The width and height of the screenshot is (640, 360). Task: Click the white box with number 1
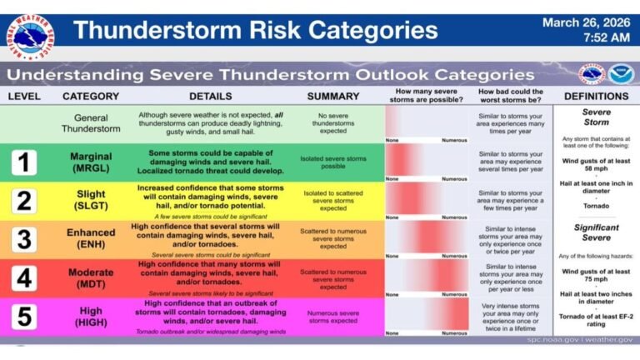[x=23, y=162]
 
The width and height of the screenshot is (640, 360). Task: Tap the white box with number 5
[x=23, y=316]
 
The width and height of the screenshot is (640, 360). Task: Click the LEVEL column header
[x=24, y=96]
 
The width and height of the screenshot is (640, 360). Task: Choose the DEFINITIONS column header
[x=595, y=96]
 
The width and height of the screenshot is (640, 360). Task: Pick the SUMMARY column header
[x=332, y=96]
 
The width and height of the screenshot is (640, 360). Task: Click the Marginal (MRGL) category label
[x=91, y=162]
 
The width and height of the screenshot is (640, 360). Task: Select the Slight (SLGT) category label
[x=91, y=201]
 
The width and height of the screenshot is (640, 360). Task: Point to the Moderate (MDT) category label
[x=91, y=277]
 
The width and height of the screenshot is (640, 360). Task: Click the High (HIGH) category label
[x=91, y=316]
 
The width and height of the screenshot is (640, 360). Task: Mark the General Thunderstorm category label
[x=91, y=124]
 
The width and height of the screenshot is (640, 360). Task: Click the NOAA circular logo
[x=620, y=74]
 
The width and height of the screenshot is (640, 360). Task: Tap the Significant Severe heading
[x=595, y=232]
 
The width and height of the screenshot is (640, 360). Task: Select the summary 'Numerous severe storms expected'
[x=332, y=316]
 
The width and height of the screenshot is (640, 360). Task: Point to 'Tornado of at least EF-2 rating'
[x=595, y=317]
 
